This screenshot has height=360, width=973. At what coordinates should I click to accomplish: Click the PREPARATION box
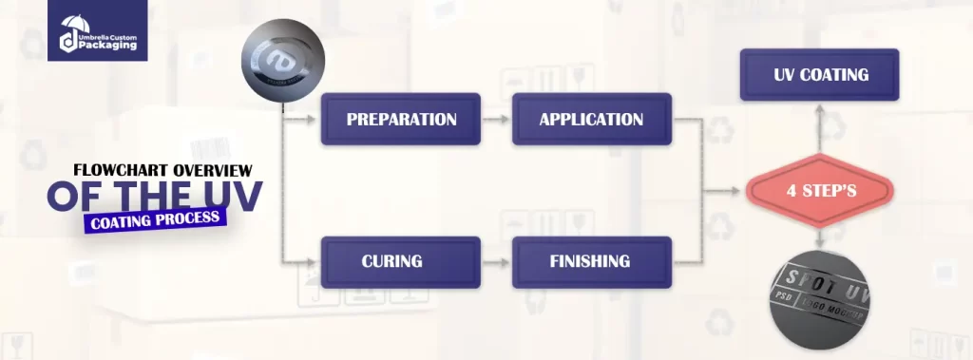click(x=401, y=120)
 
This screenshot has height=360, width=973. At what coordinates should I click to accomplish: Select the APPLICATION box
click(x=591, y=120)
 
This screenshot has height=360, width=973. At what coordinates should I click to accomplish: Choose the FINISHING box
click(x=591, y=261)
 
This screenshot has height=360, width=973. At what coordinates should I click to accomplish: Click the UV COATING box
click(x=819, y=75)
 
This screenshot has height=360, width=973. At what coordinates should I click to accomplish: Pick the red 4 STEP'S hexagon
click(x=821, y=191)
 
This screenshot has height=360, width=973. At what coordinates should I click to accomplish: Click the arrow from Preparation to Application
click(x=496, y=120)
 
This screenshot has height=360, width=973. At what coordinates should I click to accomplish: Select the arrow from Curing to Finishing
click(x=496, y=261)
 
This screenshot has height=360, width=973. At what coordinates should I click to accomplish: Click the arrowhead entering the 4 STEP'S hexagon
click(x=741, y=191)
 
